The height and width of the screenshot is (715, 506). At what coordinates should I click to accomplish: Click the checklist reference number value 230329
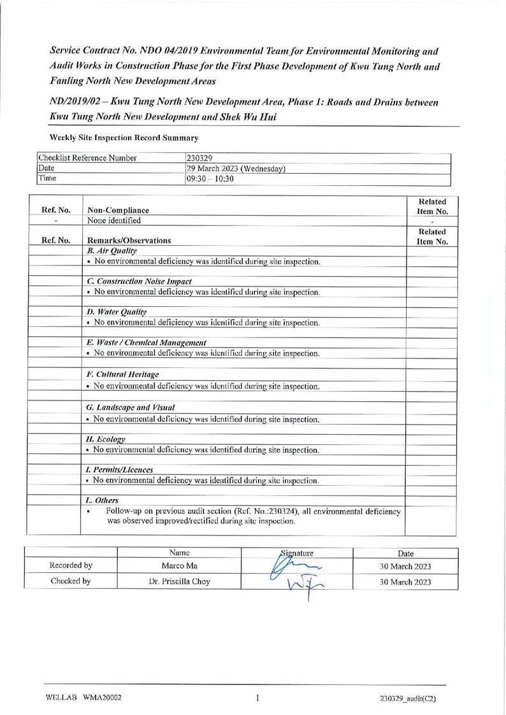(x=198, y=157)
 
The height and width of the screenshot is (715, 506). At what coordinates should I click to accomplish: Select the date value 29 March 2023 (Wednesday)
(x=235, y=168)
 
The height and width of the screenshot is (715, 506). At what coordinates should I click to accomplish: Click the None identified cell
(x=115, y=220)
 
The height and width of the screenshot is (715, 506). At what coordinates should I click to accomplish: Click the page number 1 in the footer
(x=257, y=697)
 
